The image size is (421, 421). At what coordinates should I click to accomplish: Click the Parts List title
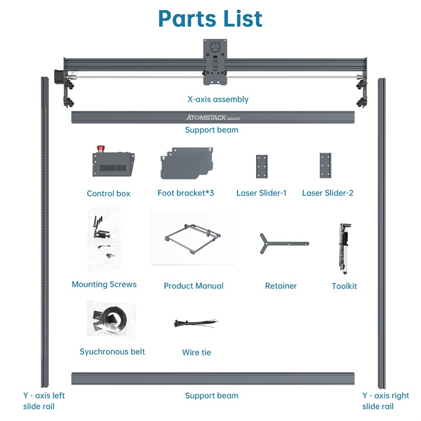(x=210, y=19)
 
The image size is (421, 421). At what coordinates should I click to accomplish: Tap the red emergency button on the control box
(x=98, y=148)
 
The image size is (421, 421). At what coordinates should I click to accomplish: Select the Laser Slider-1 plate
(x=262, y=166)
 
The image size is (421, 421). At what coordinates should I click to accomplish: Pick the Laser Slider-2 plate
(x=325, y=166)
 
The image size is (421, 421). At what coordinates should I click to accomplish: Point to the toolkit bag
(x=345, y=248)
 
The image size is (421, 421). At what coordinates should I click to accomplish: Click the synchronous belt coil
(x=112, y=319)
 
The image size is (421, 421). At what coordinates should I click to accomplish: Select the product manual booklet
(x=193, y=238)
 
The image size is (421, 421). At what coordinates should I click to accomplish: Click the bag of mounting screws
(x=103, y=237)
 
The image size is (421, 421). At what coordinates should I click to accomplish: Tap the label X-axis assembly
(x=218, y=99)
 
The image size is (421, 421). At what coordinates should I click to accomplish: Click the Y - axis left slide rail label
(x=44, y=401)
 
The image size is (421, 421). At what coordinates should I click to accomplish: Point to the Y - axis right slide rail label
(x=385, y=401)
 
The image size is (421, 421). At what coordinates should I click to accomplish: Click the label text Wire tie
(x=196, y=353)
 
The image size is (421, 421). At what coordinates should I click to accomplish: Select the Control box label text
(x=108, y=194)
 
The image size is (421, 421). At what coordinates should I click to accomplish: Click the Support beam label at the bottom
(x=212, y=396)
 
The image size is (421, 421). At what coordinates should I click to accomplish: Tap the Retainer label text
(x=281, y=286)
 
